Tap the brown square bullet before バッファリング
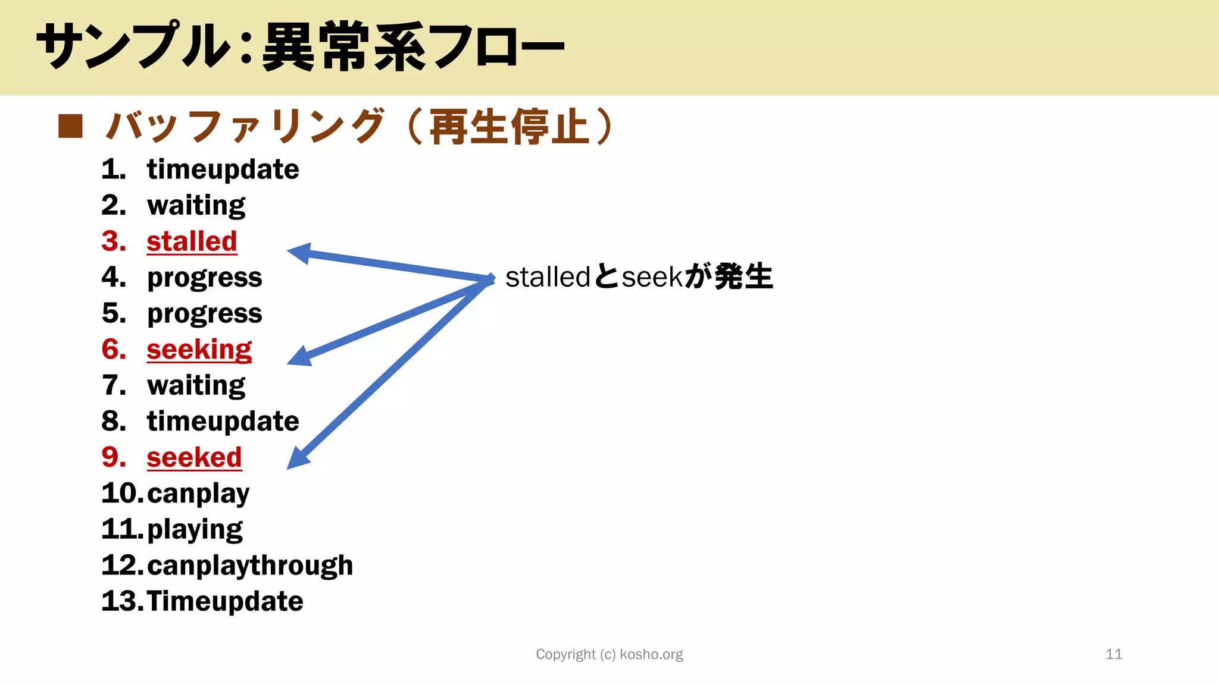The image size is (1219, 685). (70, 126)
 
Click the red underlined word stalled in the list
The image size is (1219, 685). (192, 241)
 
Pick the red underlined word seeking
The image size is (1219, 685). (199, 350)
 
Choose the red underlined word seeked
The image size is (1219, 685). (194, 457)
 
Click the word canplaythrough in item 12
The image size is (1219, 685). (250, 565)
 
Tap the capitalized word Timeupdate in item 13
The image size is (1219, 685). (225, 601)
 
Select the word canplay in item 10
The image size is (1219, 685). (198, 494)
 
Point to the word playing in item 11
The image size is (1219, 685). (195, 529)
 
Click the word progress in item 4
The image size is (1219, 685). (204, 278)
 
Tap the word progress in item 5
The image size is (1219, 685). (204, 313)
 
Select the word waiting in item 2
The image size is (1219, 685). (196, 206)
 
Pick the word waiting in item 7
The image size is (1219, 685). (196, 385)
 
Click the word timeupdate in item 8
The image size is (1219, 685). (223, 422)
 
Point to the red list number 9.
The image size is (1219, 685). (113, 457)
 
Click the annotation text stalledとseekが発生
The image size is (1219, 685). (639, 277)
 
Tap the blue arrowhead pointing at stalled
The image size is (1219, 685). (299, 253)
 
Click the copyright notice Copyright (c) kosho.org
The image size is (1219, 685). (609, 654)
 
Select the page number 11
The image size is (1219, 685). (1114, 654)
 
